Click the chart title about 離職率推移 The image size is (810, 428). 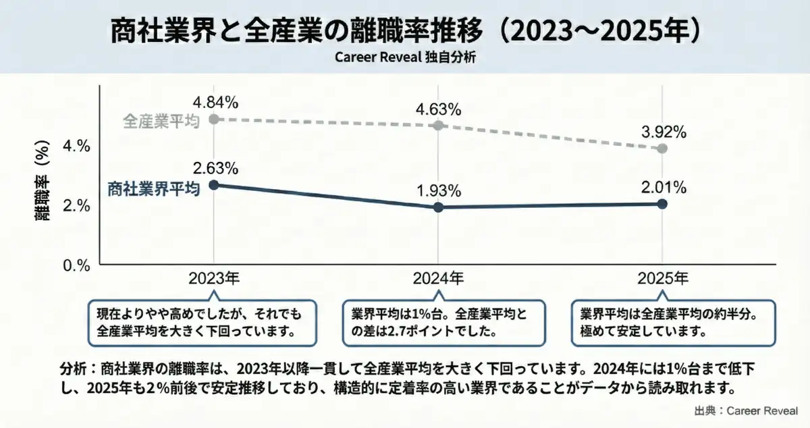tap(405, 30)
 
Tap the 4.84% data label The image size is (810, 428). tap(215, 103)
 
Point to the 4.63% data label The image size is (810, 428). tap(438, 109)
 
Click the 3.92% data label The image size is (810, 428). tap(662, 132)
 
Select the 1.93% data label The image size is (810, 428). tap(438, 191)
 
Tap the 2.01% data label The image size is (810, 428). tap(662, 186)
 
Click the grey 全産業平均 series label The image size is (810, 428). tap(161, 121)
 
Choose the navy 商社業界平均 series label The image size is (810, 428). tap(154, 189)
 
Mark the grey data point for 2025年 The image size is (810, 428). tap(662, 149)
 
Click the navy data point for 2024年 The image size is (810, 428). tap(438, 207)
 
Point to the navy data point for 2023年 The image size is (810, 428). tap(214, 185)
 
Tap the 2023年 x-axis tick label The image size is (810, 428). tap(215, 277)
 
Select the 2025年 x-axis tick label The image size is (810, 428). tap(662, 277)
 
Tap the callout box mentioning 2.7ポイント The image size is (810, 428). tap(438, 323)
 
